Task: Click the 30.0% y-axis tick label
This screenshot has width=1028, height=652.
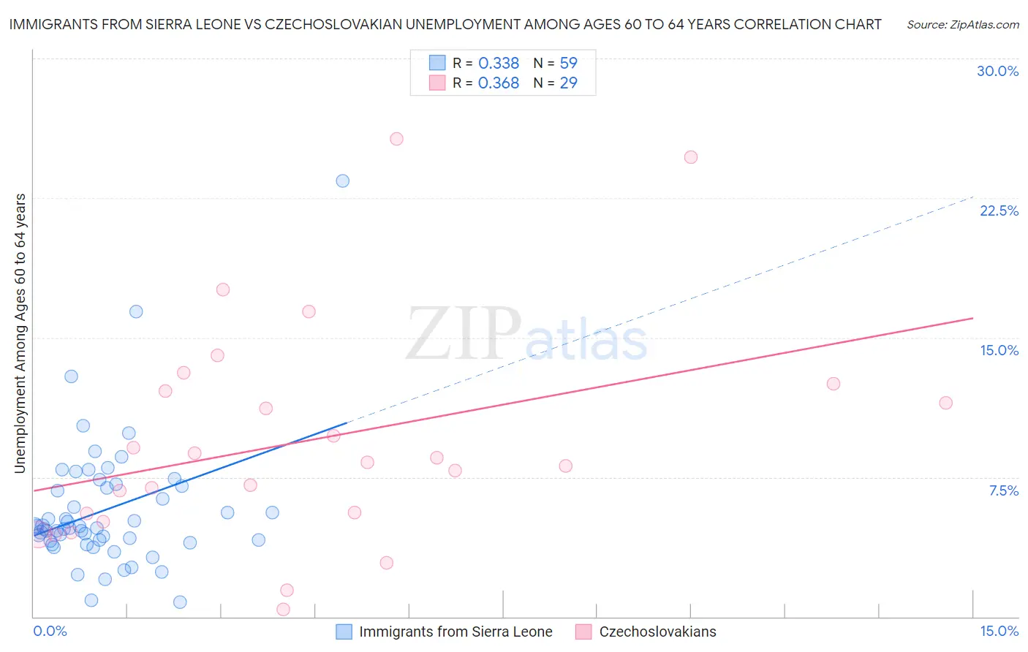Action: pyautogui.click(x=997, y=71)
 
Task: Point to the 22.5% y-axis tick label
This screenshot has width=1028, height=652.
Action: pyautogui.click(x=999, y=211)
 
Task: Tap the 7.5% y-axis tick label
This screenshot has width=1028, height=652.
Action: pyautogui.click(x=1003, y=490)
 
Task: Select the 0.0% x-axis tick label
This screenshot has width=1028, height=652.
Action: pyautogui.click(x=50, y=631)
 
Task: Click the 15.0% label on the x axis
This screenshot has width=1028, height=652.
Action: pyautogui.click(x=999, y=631)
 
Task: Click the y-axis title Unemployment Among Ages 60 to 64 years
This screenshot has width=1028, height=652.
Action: pyautogui.click(x=20, y=333)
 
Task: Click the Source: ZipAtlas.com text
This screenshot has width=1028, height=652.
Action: pyautogui.click(x=962, y=25)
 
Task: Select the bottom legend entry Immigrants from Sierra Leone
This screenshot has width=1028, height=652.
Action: pyautogui.click(x=456, y=632)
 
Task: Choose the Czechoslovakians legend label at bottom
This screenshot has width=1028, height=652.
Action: pyautogui.click(x=657, y=632)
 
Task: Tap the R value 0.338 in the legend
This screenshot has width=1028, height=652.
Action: pyautogui.click(x=499, y=64)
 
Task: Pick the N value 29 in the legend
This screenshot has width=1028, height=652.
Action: pyautogui.click(x=568, y=83)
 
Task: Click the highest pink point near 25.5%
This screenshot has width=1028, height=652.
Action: pyautogui.click(x=396, y=139)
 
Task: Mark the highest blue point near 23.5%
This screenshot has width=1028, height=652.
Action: pyautogui.click(x=342, y=181)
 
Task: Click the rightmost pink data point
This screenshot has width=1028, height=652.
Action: pyautogui.click(x=945, y=403)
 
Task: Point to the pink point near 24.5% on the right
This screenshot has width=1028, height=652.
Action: pyautogui.click(x=690, y=157)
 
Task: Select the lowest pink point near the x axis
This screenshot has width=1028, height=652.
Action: pyautogui.click(x=283, y=609)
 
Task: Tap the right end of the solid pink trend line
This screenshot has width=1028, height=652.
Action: pyautogui.click(x=972, y=318)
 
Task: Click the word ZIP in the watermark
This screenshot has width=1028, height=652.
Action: pyautogui.click(x=464, y=335)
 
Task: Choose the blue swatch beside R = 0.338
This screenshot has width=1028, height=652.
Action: pyautogui.click(x=437, y=63)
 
